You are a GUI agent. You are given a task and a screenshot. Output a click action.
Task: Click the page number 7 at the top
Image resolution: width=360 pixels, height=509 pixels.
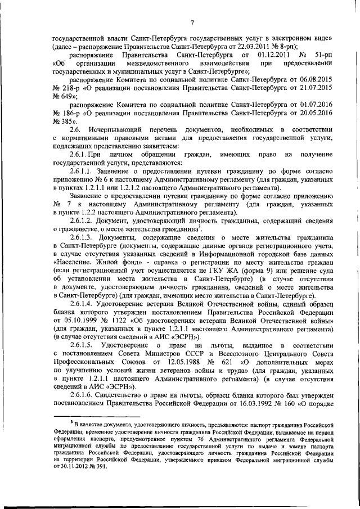tap(191, 22)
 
